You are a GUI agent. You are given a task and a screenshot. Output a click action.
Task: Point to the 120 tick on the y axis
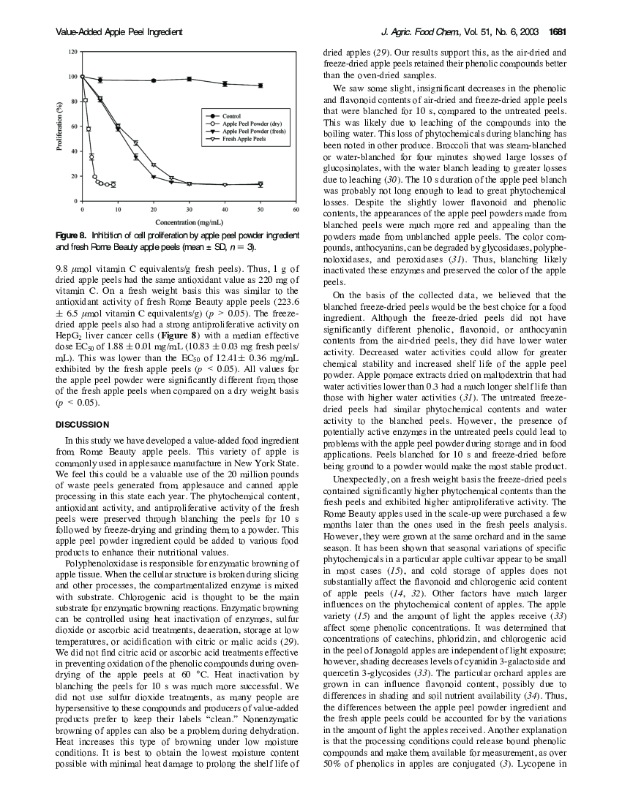point(72,53)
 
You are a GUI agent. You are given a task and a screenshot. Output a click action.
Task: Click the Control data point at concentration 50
point(261,86)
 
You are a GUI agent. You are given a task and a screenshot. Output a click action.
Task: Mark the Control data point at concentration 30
point(189,79)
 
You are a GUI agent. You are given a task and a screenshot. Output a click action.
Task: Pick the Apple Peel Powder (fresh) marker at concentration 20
point(153,176)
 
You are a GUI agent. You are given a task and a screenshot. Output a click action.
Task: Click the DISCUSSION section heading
point(83,425)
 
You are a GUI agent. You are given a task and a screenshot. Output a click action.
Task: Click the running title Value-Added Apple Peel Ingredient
point(119,32)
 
